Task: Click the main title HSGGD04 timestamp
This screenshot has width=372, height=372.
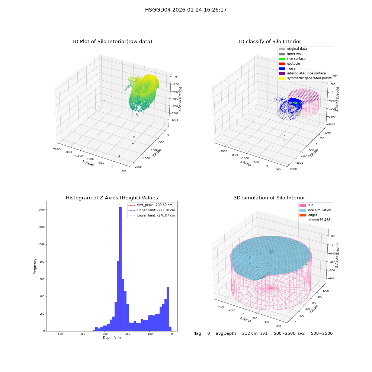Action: (186, 10)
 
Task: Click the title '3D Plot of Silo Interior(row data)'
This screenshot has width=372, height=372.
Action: (112, 42)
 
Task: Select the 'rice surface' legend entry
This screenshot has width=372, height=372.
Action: (292, 59)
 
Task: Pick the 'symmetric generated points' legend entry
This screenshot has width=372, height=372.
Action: (305, 78)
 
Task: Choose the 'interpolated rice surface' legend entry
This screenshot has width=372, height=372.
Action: (302, 73)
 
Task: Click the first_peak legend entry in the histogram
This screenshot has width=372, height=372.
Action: (150, 205)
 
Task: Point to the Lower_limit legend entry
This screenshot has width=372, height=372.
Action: (152, 215)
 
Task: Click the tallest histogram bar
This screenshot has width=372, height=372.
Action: (120, 269)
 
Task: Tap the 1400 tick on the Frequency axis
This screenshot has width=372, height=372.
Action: (42, 210)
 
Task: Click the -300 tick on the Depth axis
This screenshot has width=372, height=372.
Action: (105, 334)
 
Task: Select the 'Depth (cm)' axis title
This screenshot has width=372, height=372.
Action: (112, 338)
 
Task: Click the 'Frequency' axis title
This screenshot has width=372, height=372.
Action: (35, 266)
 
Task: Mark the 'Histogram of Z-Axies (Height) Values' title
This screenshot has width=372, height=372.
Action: (112, 198)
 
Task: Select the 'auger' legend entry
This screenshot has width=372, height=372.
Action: (308, 215)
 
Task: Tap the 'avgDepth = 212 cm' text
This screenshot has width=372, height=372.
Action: (237, 333)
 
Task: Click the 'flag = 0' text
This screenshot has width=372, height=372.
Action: (202, 333)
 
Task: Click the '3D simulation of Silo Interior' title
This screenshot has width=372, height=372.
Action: (269, 198)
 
